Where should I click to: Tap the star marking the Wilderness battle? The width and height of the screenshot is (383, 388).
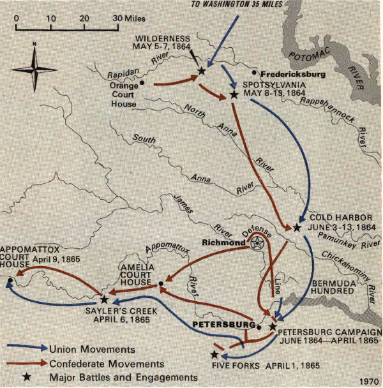click(202, 71)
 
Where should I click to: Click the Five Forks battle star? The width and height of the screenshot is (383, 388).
click(215, 354)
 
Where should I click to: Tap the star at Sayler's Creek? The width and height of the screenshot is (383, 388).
click(104, 299)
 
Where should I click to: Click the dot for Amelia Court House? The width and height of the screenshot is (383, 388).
click(161, 283)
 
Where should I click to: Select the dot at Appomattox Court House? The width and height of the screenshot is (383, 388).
click(11, 280)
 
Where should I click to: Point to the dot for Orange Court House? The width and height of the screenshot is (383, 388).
click(142, 82)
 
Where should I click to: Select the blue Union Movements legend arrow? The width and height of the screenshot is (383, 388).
click(28, 348)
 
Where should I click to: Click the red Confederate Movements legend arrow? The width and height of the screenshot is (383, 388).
click(28, 363)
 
